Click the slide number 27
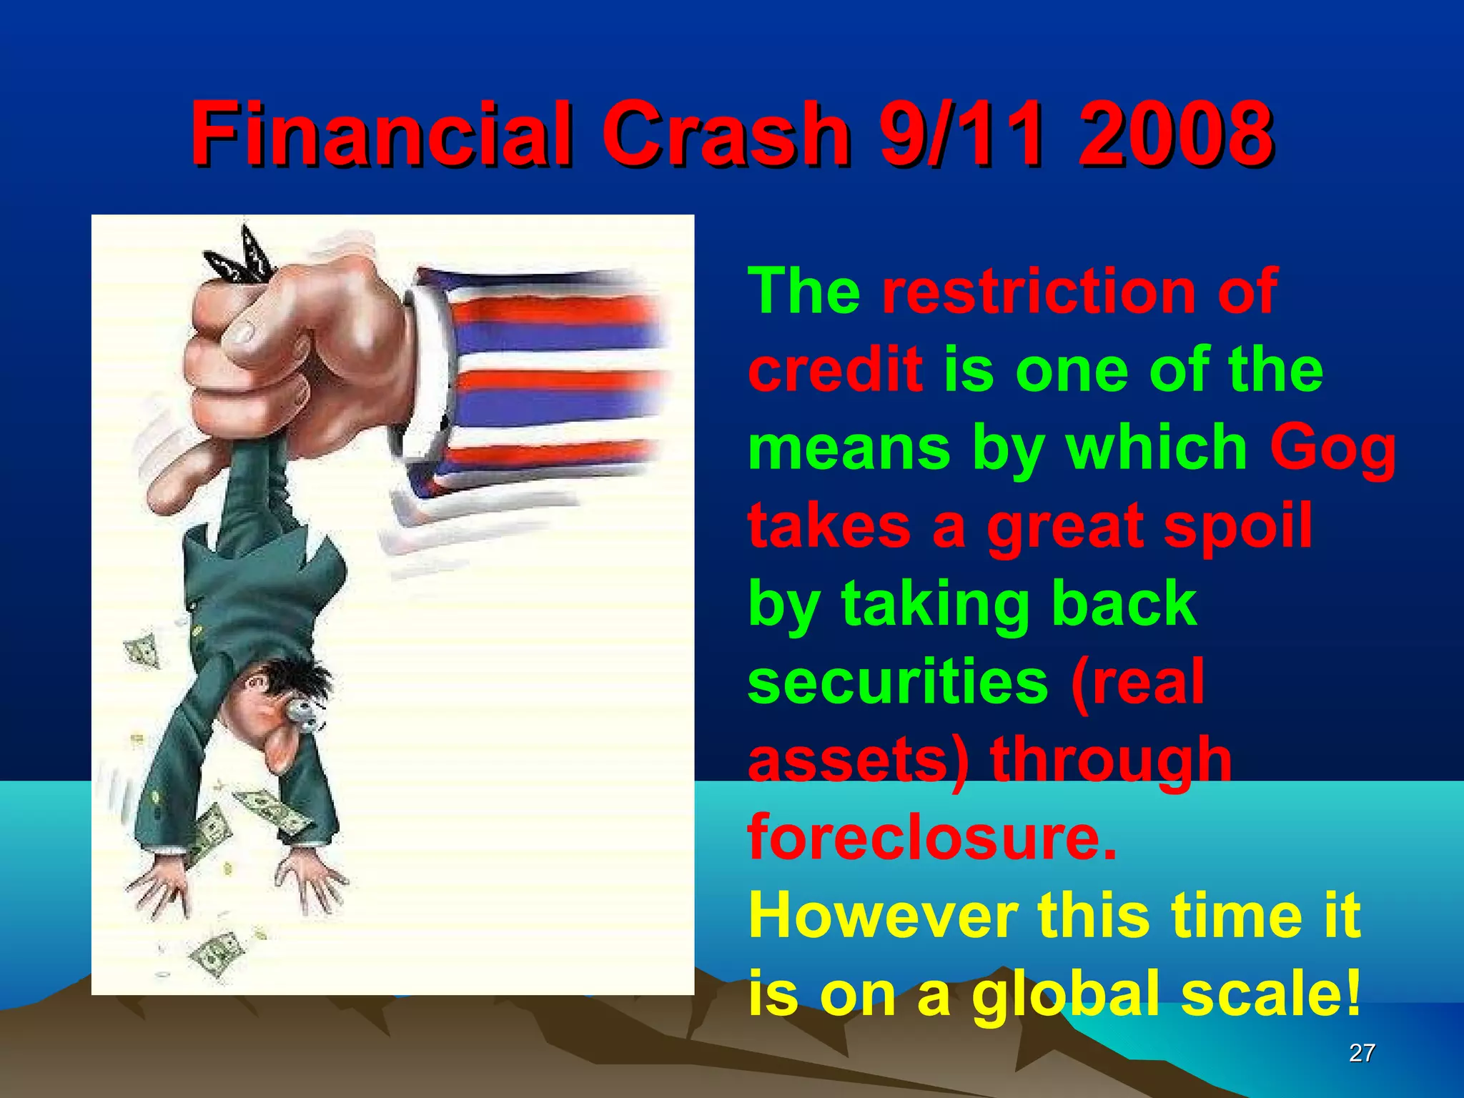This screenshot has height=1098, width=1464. click(1361, 1052)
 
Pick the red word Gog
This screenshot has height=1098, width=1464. click(1332, 449)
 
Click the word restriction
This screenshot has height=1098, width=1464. click(1037, 292)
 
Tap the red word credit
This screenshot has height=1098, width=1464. click(835, 370)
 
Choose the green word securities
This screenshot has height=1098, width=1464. click(898, 682)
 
